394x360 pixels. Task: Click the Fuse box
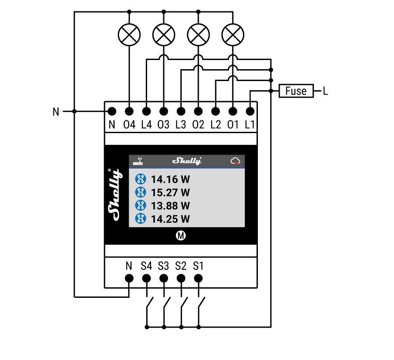296,91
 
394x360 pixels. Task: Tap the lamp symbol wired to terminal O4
129,34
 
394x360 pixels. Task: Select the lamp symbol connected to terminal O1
233,34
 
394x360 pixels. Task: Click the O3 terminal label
163,125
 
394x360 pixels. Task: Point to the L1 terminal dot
250,111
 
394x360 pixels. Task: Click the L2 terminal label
215,125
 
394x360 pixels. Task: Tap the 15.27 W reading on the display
170,192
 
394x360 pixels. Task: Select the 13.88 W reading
170,205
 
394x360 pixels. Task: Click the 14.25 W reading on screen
170,219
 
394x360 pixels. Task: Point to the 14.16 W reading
170,179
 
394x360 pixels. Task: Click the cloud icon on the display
236,161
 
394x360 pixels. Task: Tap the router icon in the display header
138,161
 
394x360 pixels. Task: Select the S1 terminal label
198,266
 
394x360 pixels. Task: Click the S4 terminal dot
147,278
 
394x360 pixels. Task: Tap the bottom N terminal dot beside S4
129,278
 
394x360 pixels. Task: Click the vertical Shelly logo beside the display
115,193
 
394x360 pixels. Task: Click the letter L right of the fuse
325,91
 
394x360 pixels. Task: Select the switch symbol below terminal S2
183,303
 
